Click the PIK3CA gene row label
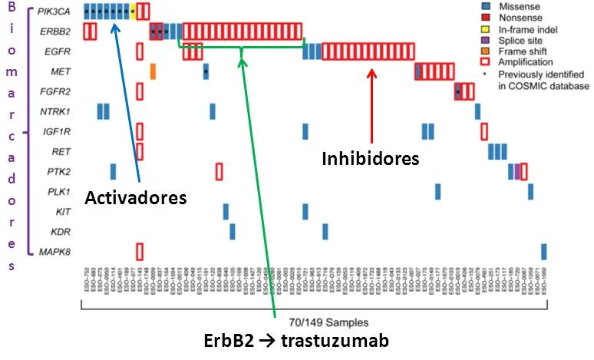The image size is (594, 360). tap(53, 12)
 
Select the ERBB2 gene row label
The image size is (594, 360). tap(56, 31)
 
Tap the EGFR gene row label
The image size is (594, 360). tap(57, 51)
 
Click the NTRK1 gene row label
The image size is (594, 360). tap(56, 112)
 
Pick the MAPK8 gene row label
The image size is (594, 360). tap(56, 251)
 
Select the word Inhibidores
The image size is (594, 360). tap(370, 159)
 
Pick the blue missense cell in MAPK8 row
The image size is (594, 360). tap(544, 251)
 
